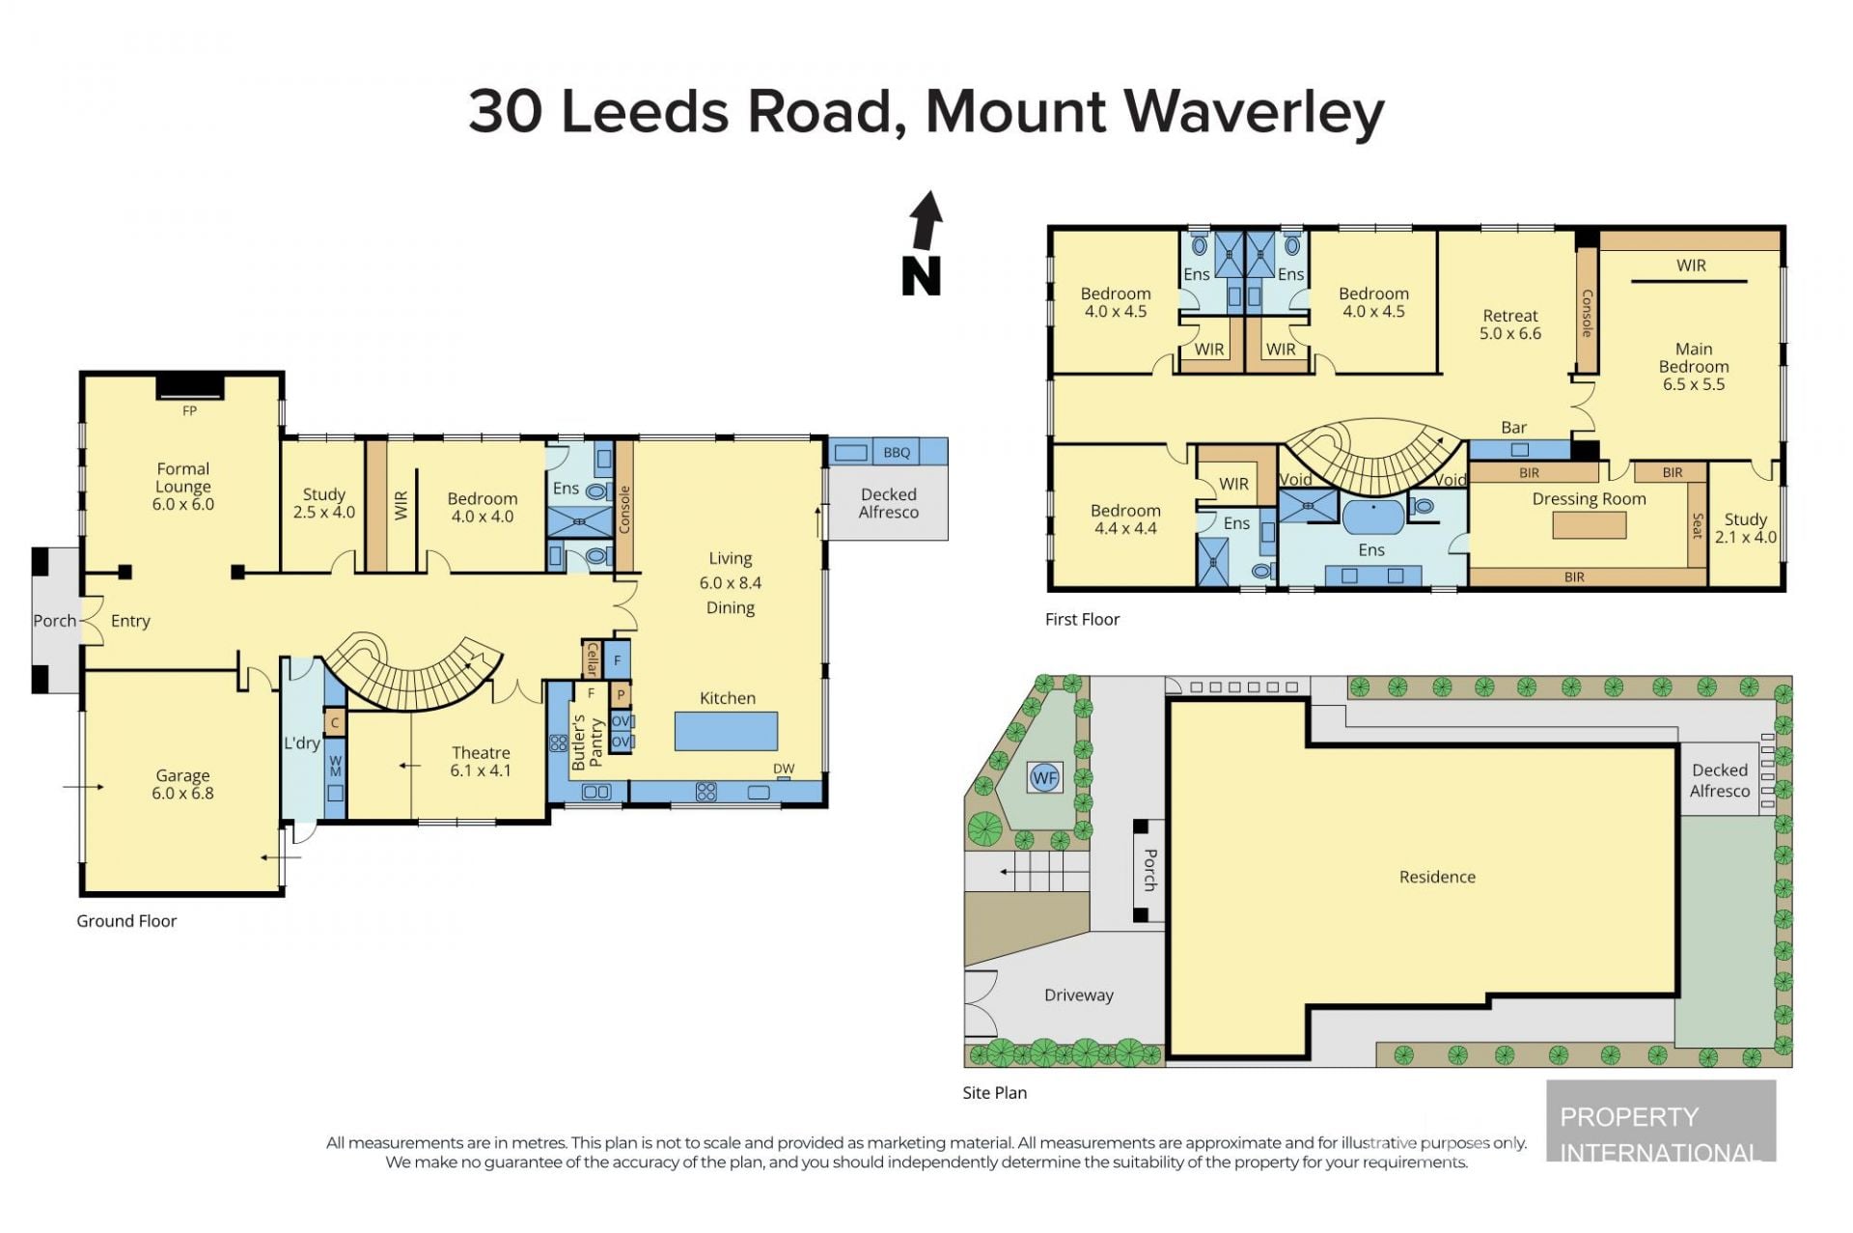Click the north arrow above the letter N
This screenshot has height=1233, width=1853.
pos(926,221)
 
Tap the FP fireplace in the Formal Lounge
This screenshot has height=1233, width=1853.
pos(190,386)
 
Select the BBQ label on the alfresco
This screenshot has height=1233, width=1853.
pos(897,452)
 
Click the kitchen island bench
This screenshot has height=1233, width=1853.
pos(726,731)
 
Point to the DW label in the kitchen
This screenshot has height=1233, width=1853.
pos(784,769)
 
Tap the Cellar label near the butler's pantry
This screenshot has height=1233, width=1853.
pos(592,658)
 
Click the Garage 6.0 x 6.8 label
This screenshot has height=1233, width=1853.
pos(182,784)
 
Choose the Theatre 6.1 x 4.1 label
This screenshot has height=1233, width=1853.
pos(481,761)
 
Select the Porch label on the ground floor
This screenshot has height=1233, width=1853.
pos(55,621)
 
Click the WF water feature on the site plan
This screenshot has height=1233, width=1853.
pos(1044,778)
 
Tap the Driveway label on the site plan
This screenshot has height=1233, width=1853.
pos(1079,995)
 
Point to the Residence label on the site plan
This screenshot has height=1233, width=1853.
pos(1437,877)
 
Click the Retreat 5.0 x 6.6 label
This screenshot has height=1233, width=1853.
pos(1510,324)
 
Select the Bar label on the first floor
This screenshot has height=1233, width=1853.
pos(1513,427)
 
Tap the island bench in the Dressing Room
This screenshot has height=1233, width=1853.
pos(1590,525)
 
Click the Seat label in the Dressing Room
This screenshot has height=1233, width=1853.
pos(1698,525)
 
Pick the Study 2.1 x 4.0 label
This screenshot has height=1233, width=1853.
pos(1745,528)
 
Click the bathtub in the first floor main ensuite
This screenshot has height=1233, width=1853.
pos(1373,517)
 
